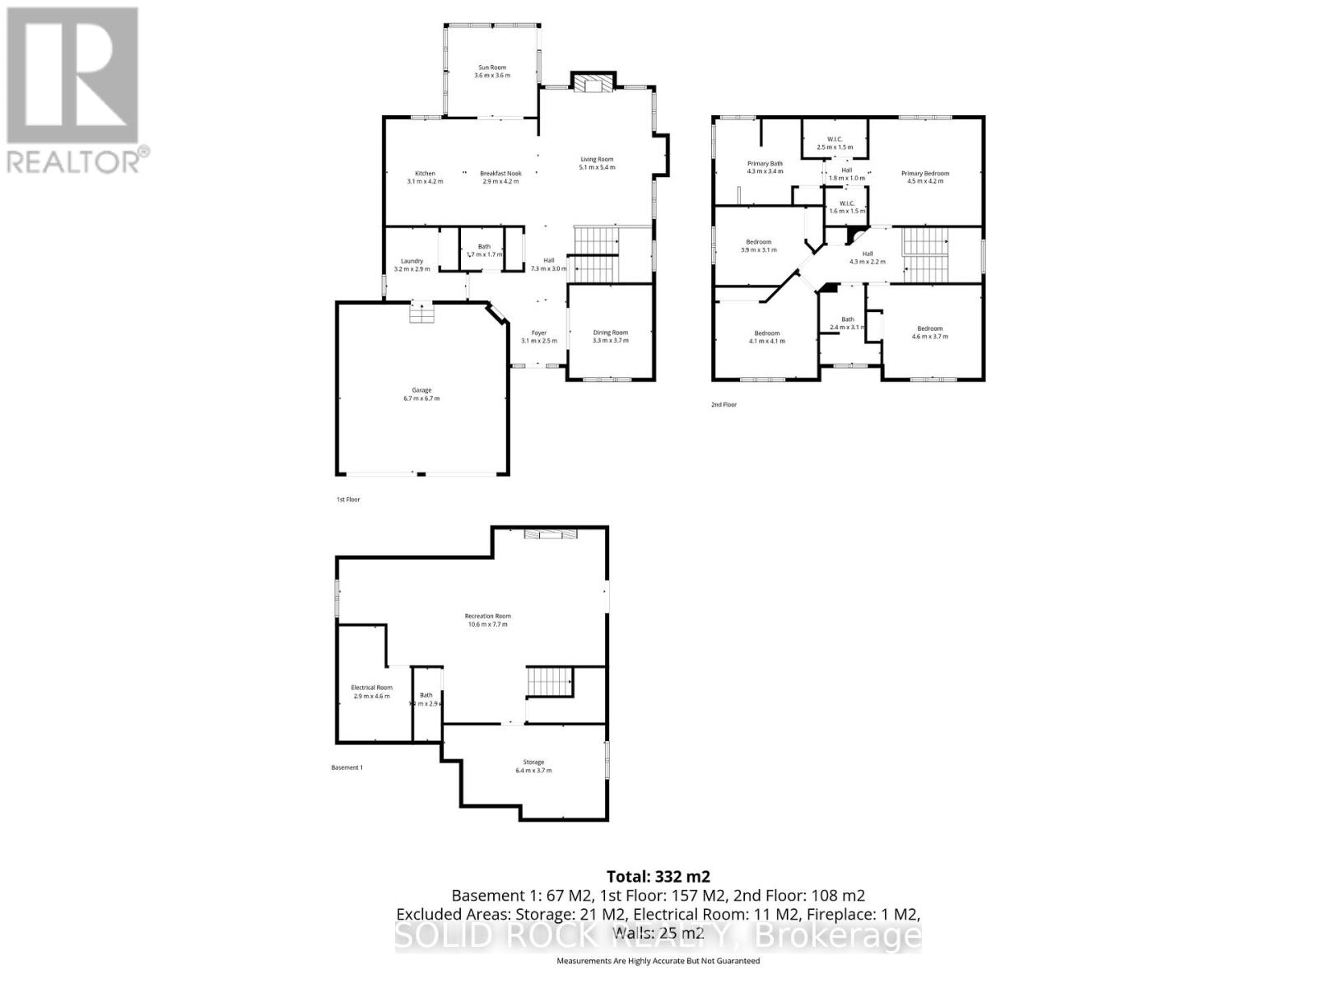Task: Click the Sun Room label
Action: [x=492, y=71]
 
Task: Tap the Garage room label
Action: [x=421, y=394]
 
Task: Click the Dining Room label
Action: [x=611, y=336]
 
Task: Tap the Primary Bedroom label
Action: [x=925, y=177]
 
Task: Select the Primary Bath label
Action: [x=765, y=168]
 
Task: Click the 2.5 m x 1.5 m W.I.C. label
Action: [x=835, y=142]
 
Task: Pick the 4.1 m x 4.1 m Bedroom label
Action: [x=766, y=337]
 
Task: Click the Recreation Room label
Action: [x=487, y=620]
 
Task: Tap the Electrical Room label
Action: [x=371, y=692]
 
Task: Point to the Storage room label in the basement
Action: [x=533, y=766]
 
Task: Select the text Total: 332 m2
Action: [x=658, y=876]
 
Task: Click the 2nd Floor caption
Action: [x=724, y=405]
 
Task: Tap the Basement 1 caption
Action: [x=347, y=767]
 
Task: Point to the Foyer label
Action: [x=538, y=337]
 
